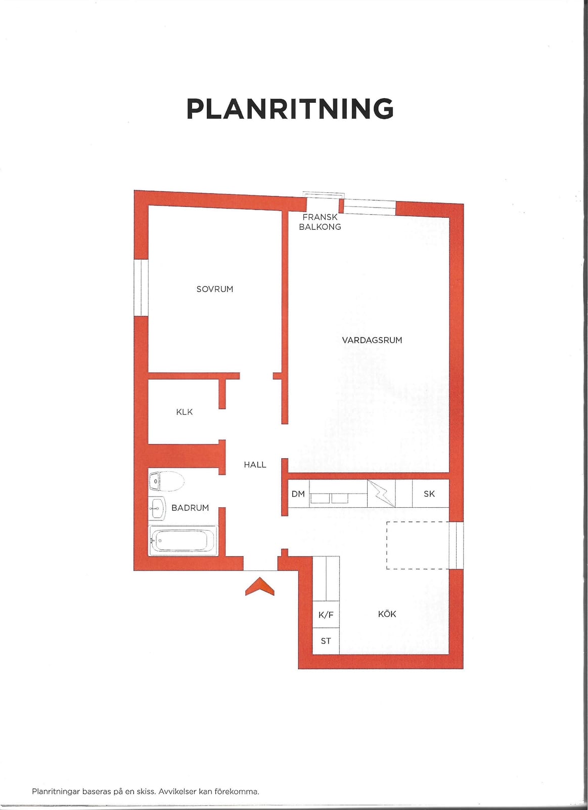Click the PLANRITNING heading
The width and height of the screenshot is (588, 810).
tap(290, 108)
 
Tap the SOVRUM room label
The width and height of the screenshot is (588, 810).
tap(214, 289)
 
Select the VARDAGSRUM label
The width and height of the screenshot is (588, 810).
tap(372, 340)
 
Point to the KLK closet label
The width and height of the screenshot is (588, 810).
tap(184, 412)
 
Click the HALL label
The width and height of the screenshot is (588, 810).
tap(255, 465)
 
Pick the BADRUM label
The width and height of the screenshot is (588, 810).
tap(190, 508)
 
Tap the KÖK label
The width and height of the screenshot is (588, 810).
tap(387, 614)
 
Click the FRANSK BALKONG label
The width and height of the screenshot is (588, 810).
tap(320, 222)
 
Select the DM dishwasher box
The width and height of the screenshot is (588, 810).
tap(298, 494)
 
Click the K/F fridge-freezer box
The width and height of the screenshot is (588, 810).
tap(326, 615)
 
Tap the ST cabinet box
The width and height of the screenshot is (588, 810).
tap(326, 641)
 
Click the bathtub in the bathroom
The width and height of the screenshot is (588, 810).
tap(183, 541)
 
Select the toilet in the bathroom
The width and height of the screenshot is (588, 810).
tap(166, 481)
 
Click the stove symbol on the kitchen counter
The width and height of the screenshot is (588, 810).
tap(381, 493)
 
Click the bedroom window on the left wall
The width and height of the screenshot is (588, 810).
tap(141, 288)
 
